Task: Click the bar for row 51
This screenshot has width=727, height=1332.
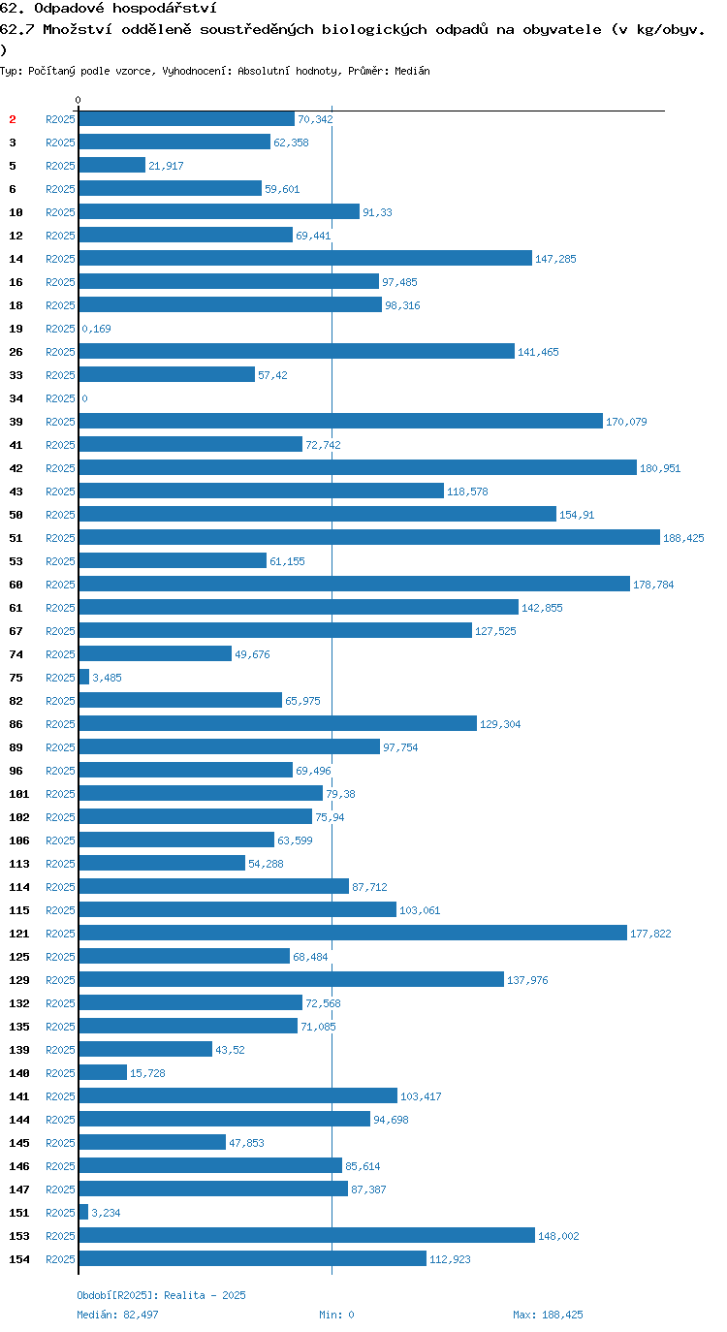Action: coord(369,538)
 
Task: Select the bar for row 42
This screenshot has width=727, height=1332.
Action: coord(358,468)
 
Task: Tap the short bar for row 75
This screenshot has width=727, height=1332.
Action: coord(83,678)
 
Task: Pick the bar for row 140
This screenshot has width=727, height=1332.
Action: coord(103,1073)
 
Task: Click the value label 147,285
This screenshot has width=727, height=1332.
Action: coord(555,259)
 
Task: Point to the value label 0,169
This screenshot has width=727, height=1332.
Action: coord(96,329)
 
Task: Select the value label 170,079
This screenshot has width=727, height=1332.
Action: coord(626,422)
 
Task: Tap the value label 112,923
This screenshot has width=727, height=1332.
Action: coord(450,1259)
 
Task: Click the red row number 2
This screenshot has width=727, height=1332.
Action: coord(13,119)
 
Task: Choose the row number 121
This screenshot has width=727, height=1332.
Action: coord(19,934)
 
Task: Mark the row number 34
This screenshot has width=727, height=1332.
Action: coord(16,398)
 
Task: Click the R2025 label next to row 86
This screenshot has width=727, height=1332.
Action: coord(61,724)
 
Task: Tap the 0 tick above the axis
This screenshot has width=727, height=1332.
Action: coord(78,100)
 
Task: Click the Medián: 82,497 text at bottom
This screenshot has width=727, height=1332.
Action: coord(117,1315)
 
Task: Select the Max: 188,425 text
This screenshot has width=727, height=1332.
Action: coord(548,1315)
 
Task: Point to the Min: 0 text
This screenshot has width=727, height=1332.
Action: coord(336,1315)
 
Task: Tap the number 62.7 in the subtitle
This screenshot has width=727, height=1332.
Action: coord(17,30)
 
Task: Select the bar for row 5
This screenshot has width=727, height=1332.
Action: coord(112,166)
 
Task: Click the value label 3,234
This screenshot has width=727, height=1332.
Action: coord(106,1213)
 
